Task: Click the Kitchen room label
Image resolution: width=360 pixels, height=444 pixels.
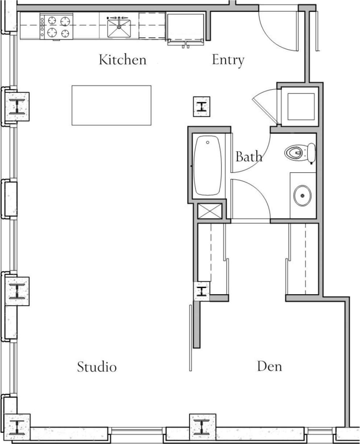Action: [x=123, y=60]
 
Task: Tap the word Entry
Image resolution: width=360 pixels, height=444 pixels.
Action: [x=228, y=60]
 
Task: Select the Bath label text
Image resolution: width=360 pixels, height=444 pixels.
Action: [x=249, y=157]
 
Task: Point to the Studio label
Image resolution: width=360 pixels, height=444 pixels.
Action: [x=97, y=367]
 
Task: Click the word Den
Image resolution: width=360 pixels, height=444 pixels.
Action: [x=269, y=366]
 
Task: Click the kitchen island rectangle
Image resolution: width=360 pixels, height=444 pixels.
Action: [x=111, y=105]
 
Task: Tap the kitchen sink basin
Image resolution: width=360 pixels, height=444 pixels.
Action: [x=119, y=28]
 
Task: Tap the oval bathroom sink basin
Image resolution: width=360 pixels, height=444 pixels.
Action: [x=302, y=196]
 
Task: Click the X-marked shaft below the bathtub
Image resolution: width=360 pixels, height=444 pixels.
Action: [x=210, y=211]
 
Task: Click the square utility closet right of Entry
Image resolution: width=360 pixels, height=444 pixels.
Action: [x=301, y=106]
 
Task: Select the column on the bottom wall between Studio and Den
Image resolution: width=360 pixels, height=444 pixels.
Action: [x=203, y=427]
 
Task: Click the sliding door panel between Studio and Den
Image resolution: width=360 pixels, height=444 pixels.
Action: [x=190, y=337]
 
